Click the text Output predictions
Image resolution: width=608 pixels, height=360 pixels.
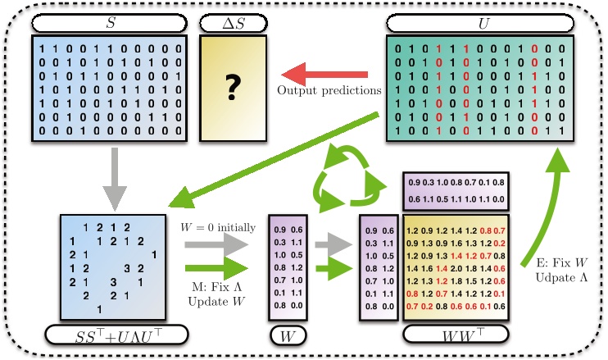(x=329, y=89)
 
